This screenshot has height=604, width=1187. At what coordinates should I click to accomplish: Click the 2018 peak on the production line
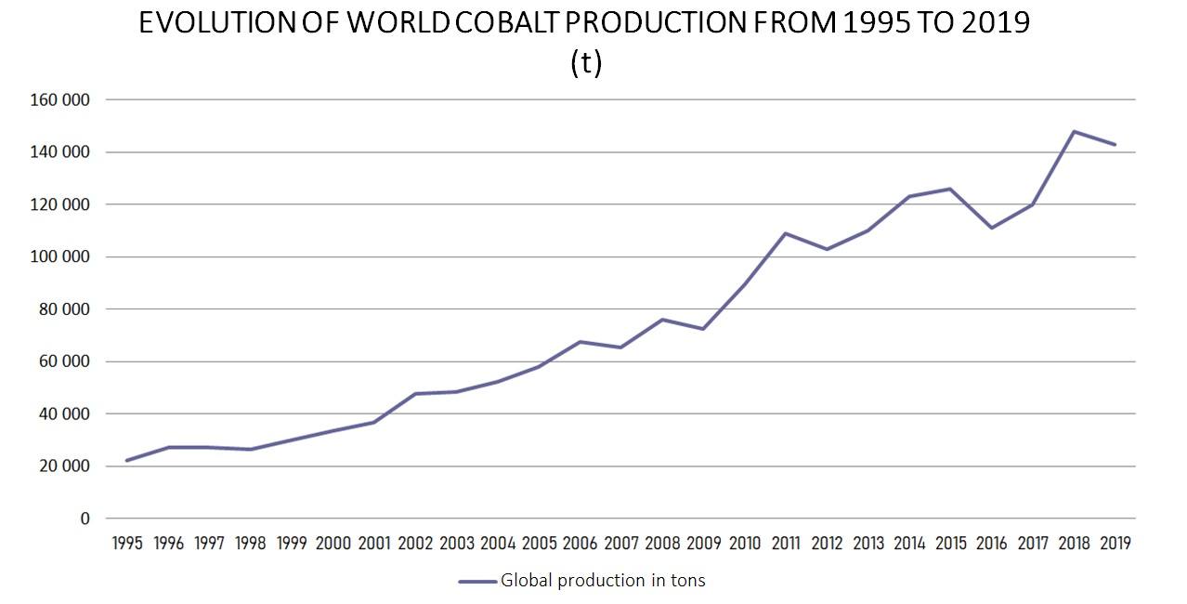[x=1074, y=131]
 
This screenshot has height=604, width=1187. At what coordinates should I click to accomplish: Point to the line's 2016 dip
[x=992, y=228]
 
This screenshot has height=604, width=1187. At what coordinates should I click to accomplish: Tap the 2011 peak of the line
[x=786, y=233]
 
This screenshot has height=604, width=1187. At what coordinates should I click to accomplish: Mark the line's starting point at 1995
[x=127, y=460]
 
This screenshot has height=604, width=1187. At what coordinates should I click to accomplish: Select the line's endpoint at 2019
[x=1115, y=144]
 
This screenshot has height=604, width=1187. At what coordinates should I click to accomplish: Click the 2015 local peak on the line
[x=950, y=189]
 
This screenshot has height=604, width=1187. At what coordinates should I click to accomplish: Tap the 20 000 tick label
[x=63, y=466]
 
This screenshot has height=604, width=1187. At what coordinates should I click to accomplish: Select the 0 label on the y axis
[x=85, y=519]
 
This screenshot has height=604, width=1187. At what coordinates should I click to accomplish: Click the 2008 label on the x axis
[x=662, y=544]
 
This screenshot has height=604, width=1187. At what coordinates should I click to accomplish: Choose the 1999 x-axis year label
[x=292, y=544]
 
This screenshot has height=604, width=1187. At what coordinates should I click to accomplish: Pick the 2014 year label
[x=909, y=544]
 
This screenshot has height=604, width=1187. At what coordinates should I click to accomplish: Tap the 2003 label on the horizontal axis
[x=456, y=544]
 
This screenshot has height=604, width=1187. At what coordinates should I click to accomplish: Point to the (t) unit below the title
[x=586, y=63]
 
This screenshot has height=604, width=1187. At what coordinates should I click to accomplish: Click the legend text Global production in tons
[x=603, y=581]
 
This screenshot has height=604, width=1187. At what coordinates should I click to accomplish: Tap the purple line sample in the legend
[x=477, y=582]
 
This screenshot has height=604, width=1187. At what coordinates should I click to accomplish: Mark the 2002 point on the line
[x=415, y=394]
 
